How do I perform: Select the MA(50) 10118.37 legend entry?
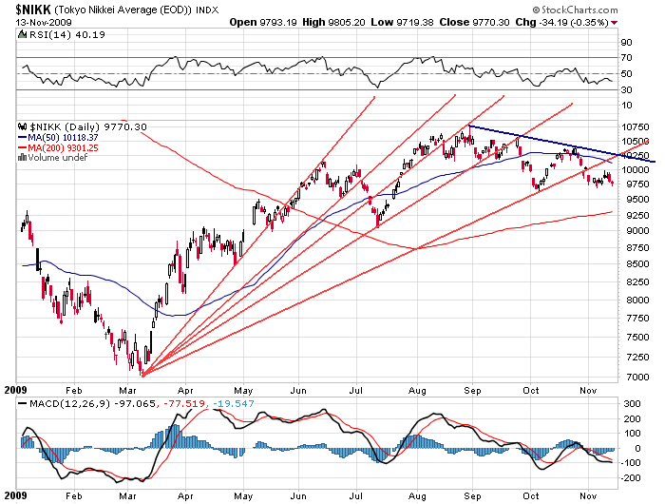(x=63, y=136)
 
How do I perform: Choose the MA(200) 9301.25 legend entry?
(x=63, y=146)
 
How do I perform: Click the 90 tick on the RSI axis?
(x=626, y=44)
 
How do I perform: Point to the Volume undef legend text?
(x=57, y=157)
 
